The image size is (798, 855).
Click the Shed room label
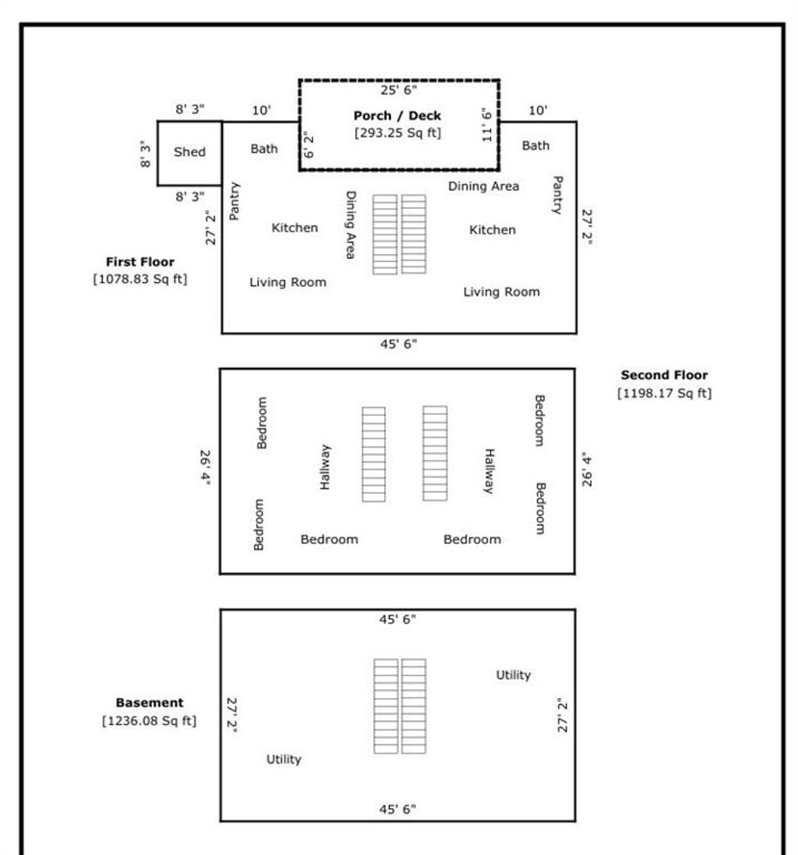point(189,151)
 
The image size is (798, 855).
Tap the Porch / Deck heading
point(397,115)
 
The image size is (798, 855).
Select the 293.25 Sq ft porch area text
point(398,132)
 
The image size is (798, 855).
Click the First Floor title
point(140,262)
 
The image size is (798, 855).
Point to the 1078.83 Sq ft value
point(140,279)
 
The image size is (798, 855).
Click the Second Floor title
point(665,375)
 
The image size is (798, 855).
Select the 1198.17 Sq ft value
point(665,393)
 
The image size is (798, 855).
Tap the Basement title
point(150,702)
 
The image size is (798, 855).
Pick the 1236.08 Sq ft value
point(150,721)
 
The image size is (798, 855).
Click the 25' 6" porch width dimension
point(399,90)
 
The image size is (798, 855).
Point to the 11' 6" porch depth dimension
point(487,125)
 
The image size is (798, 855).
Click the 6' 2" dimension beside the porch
point(308,145)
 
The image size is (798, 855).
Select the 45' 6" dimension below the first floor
point(399,344)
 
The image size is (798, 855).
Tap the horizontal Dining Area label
point(483,186)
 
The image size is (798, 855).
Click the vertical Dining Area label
point(351,224)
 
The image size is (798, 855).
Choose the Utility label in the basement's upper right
point(514,675)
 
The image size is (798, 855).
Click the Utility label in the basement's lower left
point(284,759)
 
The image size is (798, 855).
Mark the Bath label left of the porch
point(264,149)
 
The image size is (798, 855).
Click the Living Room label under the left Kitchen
point(288,282)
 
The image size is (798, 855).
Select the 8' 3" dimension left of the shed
point(145,154)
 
